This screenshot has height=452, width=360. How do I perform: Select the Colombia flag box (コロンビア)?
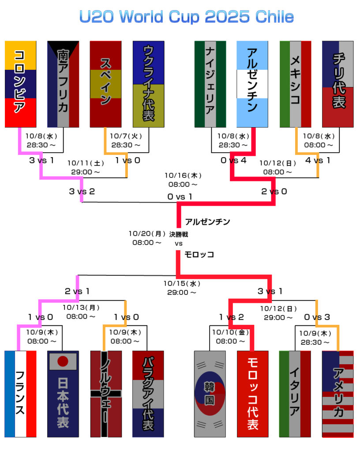20,84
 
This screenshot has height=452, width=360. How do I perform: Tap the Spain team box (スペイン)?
105,84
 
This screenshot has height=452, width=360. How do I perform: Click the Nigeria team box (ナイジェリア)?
210,84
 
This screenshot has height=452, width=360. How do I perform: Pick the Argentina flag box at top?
252,84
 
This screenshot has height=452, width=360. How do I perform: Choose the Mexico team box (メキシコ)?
296,84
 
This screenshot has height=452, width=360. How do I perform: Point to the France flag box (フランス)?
20,394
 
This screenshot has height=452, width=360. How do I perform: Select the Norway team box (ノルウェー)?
105,394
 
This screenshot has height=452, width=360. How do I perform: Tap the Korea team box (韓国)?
210,394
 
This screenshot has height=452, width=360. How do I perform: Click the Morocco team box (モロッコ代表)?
252,394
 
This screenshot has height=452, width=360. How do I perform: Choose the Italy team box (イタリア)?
295,394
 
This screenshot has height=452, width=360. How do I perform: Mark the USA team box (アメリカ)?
338,394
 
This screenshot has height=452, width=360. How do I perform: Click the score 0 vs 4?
233,160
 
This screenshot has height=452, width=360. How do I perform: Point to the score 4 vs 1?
317,160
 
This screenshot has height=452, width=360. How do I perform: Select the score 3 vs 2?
82,191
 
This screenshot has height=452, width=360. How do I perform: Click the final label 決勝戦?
179,234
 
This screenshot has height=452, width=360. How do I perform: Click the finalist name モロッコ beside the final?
199,255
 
